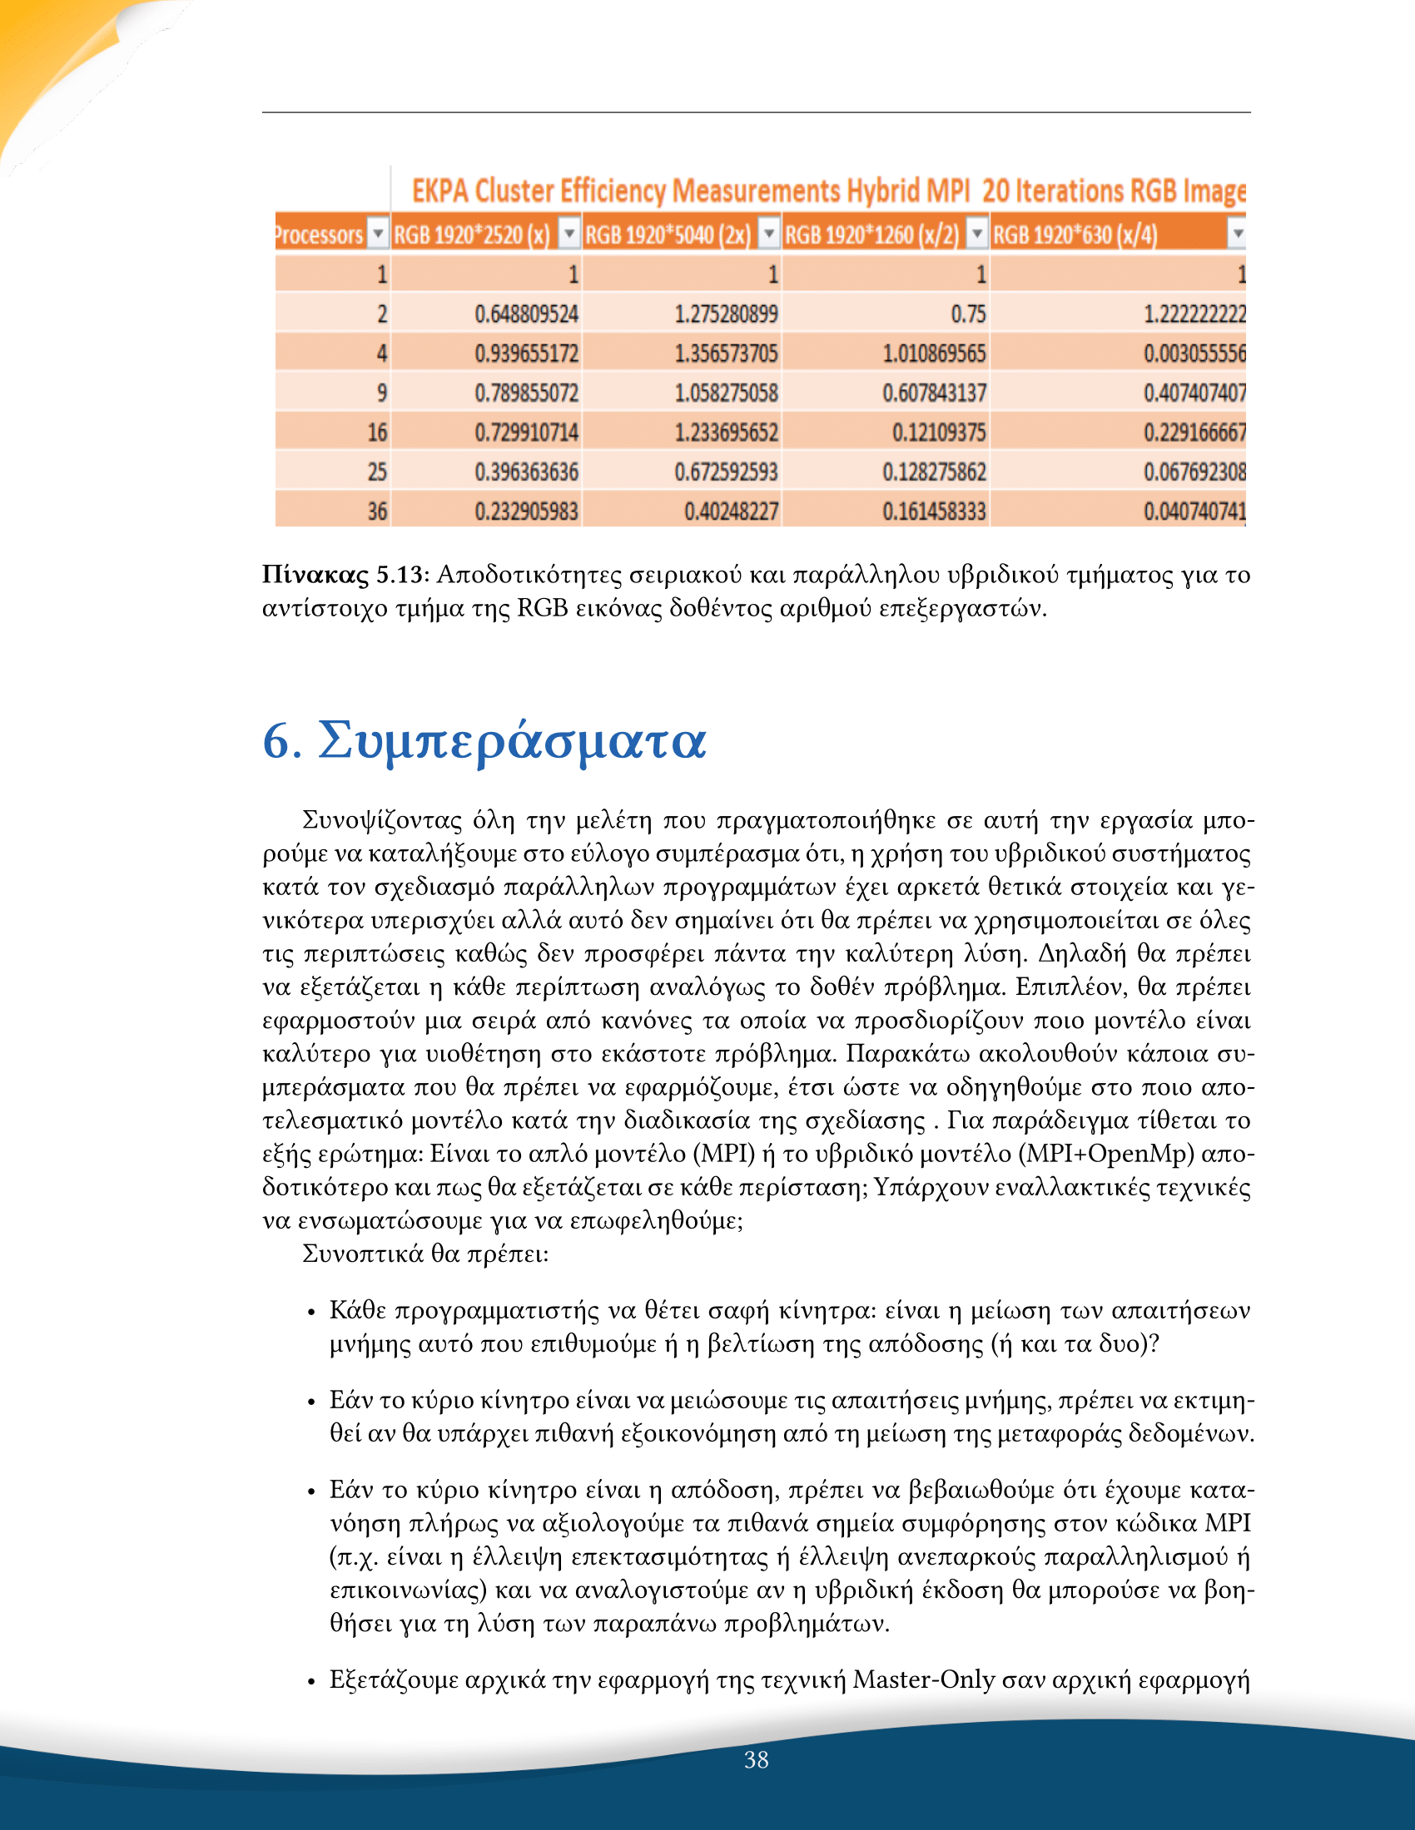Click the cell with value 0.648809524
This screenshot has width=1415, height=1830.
coord(525,314)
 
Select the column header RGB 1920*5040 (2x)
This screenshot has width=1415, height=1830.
coord(668,235)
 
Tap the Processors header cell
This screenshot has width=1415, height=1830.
coord(320,235)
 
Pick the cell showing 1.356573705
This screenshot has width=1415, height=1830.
coord(726,354)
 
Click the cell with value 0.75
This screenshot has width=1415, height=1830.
coord(967,314)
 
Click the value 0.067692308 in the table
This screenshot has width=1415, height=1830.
coord(1194,472)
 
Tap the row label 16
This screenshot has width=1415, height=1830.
coord(377,433)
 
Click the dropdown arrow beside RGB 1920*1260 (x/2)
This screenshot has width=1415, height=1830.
coord(976,234)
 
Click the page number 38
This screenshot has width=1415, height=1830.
coord(756,1759)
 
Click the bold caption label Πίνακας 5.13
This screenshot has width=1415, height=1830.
coord(343,575)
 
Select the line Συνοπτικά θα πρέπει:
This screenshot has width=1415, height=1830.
coord(425,1254)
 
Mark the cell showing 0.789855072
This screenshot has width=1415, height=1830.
coord(525,393)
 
